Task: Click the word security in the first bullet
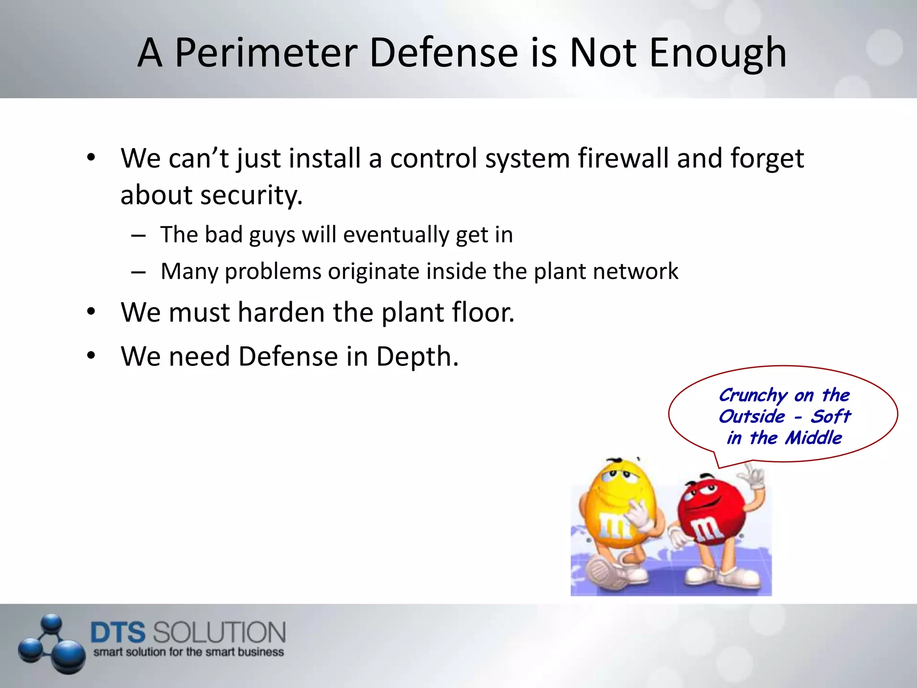[x=251, y=195]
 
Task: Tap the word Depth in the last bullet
[x=417, y=357]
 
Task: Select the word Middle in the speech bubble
[x=814, y=438]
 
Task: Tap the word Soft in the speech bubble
[x=831, y=417]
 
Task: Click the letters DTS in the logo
[x=118, y=632]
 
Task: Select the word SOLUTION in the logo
[x=219, y=632]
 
